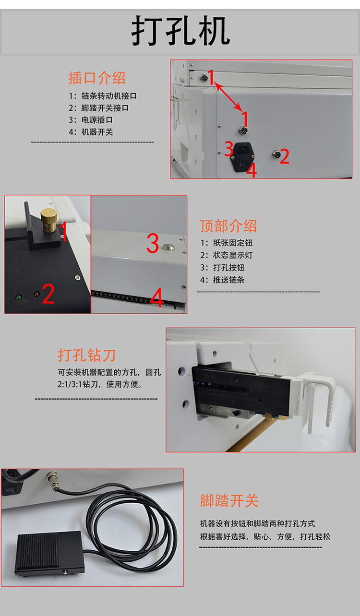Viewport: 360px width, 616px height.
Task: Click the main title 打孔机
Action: tap(180, 31)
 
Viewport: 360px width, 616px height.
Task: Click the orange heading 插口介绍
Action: tap(97, 78)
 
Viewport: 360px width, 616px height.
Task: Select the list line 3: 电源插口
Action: tap(91, 120)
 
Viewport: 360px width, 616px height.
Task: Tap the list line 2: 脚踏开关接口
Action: tap(99, 108)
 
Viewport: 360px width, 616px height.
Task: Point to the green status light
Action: tap(19, 297)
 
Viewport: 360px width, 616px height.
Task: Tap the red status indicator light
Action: tap(36, 294)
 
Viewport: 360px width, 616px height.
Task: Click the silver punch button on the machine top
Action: tap(168, 247)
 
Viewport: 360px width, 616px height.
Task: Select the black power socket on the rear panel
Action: tap(243, 157)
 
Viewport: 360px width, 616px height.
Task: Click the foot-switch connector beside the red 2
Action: tap(276, 154)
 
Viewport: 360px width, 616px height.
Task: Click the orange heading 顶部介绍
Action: tap(228, 226)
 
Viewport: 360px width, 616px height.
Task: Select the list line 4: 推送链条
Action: tap(222, 280)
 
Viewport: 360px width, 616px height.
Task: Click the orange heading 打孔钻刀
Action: tap(87, 355)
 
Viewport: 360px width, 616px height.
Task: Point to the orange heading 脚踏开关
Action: tap(229, 500)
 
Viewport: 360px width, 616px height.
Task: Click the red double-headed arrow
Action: tap(228, 96)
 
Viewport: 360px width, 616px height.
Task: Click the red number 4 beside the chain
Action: tap(157, 297)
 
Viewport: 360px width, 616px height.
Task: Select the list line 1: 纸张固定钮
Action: tap(226, 243)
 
